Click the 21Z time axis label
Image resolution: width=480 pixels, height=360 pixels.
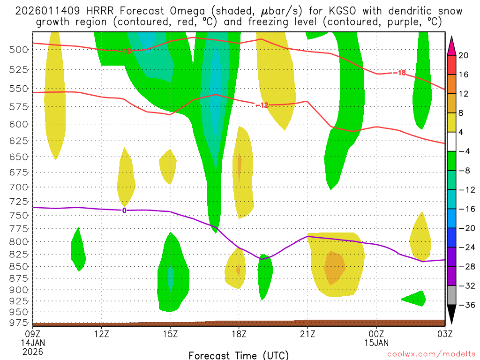[x=307, y=334]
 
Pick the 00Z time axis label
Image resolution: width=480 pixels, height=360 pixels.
[x=376, y=334]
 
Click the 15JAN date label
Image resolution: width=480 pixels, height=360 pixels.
[x=376, y=343]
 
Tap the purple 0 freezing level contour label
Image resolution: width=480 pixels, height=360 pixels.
[x=124, y=210]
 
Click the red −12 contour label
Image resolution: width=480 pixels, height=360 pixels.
[x=262, y=105]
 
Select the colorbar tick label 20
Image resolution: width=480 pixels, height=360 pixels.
[x=463, y=55]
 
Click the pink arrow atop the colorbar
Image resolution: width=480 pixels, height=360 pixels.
[x=451, y=45]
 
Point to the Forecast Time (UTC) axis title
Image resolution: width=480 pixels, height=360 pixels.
[x=239, y=355]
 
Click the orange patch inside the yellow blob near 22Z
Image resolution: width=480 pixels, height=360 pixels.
[x=335, y=268]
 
